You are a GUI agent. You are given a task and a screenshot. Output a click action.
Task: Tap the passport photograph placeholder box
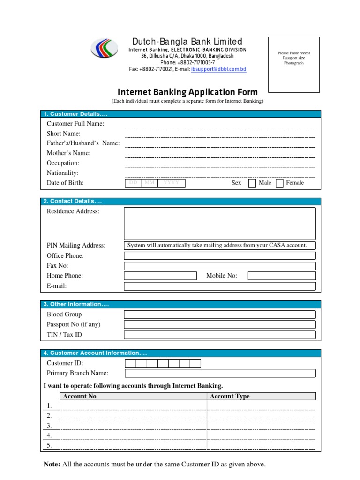click(x=293, y=65)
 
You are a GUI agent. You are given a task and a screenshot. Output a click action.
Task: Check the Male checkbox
click(x=252, y=183)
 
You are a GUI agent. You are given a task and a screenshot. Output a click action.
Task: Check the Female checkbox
click(x=280, y=183)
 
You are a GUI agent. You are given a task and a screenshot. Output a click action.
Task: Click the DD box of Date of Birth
click(x=133, y=183)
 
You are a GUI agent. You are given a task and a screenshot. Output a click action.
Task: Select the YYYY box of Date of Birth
click(x=171, y=183)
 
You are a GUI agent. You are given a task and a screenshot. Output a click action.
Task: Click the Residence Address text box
click(x=219, y=224)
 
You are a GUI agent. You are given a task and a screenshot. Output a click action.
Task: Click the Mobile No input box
click(x=281, y=276)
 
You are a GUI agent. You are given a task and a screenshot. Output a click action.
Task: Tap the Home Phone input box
click(x=160, y=276)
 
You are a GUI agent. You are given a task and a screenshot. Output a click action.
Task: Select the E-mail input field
click(x=219, y=286)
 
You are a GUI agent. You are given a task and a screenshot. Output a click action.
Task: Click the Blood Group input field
click(x=219, y=315)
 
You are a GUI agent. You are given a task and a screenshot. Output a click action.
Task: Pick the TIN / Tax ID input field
click(x=219, y=335)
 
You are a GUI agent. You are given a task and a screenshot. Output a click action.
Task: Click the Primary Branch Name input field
click(x=219, y=373)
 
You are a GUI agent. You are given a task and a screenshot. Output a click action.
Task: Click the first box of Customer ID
click(x=130, y=363)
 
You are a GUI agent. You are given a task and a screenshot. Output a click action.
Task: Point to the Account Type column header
click(x=230, y=396)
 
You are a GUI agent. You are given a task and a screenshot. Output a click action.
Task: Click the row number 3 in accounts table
click(x=49, y=426)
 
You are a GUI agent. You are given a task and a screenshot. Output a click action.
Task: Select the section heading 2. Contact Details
click(x=73, y=201)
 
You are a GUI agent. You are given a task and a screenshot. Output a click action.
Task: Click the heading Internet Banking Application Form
click(x=187, y=92)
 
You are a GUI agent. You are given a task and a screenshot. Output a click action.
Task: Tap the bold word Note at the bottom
click(x=51, y=464)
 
